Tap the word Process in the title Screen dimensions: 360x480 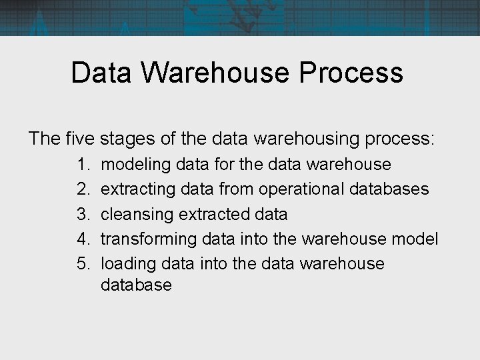point(352,73)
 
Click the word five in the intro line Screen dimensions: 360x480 point(81,139)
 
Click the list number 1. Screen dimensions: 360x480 point(83,164)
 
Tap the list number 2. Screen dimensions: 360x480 point(83,189)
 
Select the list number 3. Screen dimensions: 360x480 point(83,214)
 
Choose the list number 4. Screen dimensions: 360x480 point(83,239)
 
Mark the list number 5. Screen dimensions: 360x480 point(83,263)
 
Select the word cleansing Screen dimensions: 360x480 point(137,215)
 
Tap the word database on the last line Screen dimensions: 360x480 point(136,285)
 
